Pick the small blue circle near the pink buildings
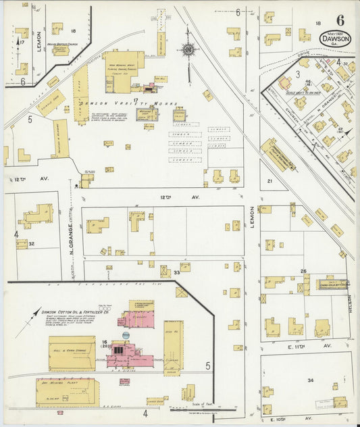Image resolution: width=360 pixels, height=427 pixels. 126,335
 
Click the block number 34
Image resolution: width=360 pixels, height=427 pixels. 310,381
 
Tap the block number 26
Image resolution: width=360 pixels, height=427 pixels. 304,271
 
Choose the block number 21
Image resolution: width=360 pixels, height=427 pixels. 269,181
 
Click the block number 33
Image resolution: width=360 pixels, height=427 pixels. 177,272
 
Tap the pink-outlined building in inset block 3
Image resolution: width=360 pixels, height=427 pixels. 285,84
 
